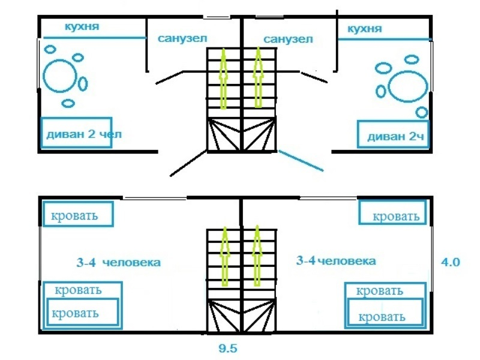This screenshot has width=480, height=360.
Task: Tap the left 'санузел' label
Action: point(182,38)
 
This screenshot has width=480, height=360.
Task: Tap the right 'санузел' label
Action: point(288,39)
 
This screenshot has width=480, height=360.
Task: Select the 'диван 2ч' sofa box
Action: point(393,136)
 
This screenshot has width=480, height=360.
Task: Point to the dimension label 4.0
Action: point(450,262)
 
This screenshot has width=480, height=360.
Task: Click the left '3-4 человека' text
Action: point(118,263)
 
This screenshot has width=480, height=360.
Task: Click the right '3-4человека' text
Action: point(336,261)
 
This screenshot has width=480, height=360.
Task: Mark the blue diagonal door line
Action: point(304,160)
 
